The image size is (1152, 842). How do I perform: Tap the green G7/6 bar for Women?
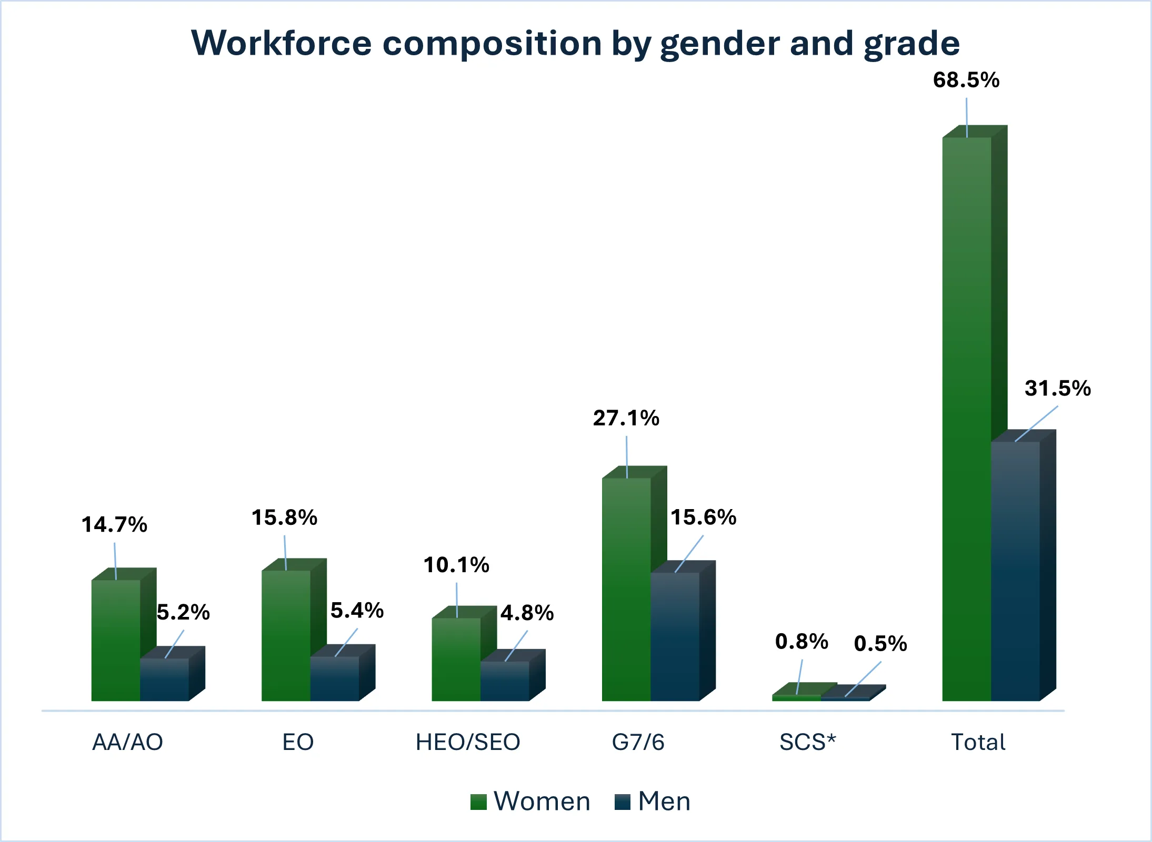626,589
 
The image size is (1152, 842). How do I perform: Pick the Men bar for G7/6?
675,636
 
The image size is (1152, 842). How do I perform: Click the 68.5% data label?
966,80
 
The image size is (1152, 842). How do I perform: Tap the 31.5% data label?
1058,388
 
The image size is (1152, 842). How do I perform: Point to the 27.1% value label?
626,418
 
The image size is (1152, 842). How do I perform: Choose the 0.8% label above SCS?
802,642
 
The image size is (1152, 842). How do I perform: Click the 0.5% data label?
880,644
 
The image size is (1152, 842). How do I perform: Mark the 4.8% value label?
527,613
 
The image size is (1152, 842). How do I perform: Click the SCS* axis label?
808,742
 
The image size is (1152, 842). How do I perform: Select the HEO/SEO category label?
468,742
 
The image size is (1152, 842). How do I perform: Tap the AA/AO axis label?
128,742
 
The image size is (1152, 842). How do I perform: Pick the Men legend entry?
653,802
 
